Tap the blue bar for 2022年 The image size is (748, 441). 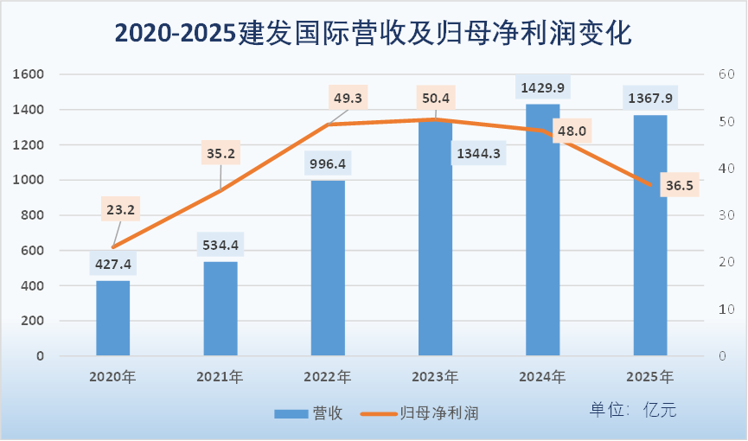(x=328, y=268)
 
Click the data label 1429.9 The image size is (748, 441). (x=543, y=88)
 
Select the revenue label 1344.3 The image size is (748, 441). (x=476, y=154)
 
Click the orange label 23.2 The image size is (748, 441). (x=120, y=208)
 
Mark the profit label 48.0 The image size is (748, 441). (x=571, y=131)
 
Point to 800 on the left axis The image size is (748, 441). (x=33, y=215)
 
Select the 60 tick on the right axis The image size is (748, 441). (x=724, y=74)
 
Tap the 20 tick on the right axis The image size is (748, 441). (x=724, y=262)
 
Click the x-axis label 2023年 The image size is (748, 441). (x=435, y=377)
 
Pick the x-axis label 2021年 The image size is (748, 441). (x=220, y=377)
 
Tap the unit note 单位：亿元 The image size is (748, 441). (x=633, y=410)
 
